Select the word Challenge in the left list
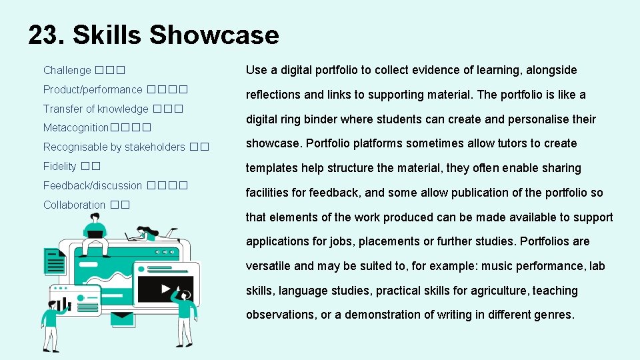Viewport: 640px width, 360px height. [x=67, y=70]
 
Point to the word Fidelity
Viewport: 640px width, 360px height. [x=60, y=166]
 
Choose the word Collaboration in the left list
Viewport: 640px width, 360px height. [x=74, y=205]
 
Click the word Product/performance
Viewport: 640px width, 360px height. [x=93, y=89]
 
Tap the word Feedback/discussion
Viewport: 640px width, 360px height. [x=93, y=185]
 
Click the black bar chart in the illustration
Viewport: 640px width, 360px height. [x=63, y=305]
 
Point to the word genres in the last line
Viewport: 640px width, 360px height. [x=554, y=315]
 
